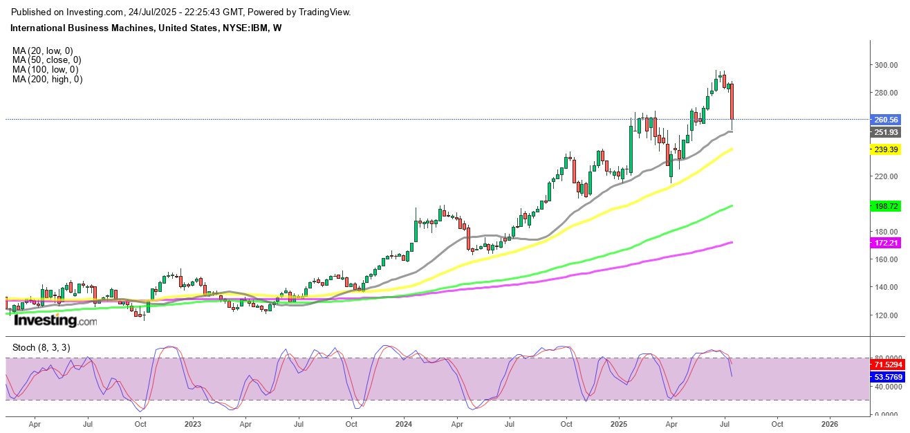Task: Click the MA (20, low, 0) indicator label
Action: pos(43,50)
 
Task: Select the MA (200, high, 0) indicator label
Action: pos(47,80)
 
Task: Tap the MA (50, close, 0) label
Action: pos(47,60)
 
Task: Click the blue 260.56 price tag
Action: pos(886,120)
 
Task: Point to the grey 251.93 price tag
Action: pos(886,132)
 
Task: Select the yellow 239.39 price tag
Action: pos(886,149)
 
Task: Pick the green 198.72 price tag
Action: pos(886,206)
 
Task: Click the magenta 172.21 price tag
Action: pos(886,243)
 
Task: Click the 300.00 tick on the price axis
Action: pos(886,65)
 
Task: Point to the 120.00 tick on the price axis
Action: pos(886,315)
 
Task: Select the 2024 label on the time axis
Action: pos(404,423)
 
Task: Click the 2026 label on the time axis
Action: pos(830,423)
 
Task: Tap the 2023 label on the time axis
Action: pos(192,423)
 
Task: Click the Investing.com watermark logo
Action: pos(55,320)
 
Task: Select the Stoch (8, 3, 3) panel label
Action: pos(41,347)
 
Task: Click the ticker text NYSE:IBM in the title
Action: pos(247,28)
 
